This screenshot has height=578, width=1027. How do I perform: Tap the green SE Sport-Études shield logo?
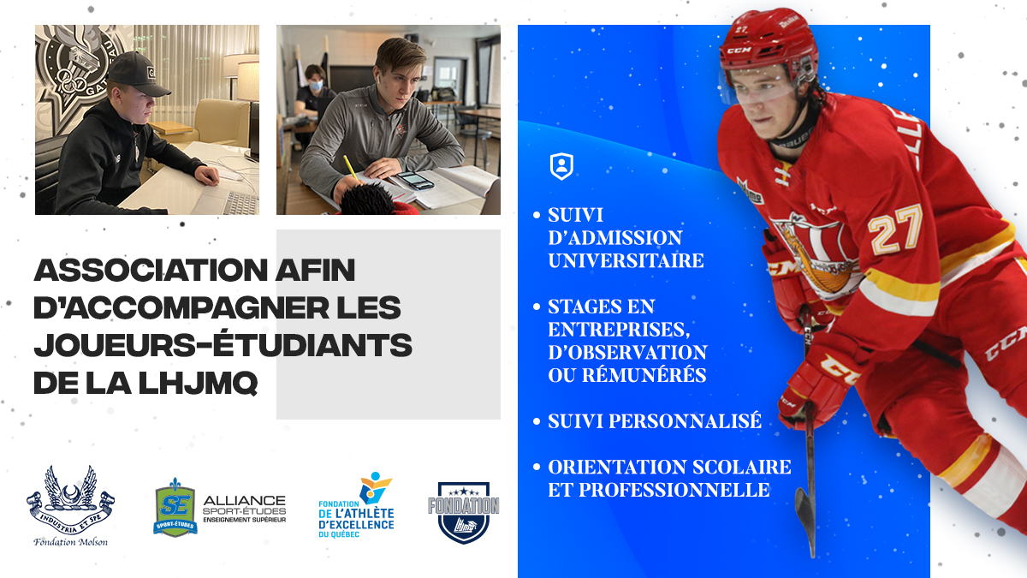pos(175,507)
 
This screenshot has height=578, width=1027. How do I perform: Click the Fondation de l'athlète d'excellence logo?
pos(357,505)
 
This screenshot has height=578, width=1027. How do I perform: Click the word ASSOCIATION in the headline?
pos(151,271)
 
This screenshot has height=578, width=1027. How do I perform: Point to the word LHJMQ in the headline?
pos(198,383)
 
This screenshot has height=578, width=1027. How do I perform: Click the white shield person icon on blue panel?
pos(561,166)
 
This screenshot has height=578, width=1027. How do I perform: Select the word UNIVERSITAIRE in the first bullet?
pos(626,260)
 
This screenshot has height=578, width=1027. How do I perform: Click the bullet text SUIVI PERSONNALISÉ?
pos(655,421)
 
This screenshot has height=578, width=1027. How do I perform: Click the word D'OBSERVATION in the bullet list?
pos(627,352)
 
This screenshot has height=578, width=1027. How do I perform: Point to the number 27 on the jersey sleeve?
pos(894,229)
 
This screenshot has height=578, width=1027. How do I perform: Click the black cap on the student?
pos(138,74)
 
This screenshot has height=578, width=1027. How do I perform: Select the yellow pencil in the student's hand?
pos(350,168)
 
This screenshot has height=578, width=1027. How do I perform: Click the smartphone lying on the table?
pos(415,181)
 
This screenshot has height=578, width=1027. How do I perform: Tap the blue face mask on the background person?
pos(315,86)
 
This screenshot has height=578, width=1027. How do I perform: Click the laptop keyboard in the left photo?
pos(241,203)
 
